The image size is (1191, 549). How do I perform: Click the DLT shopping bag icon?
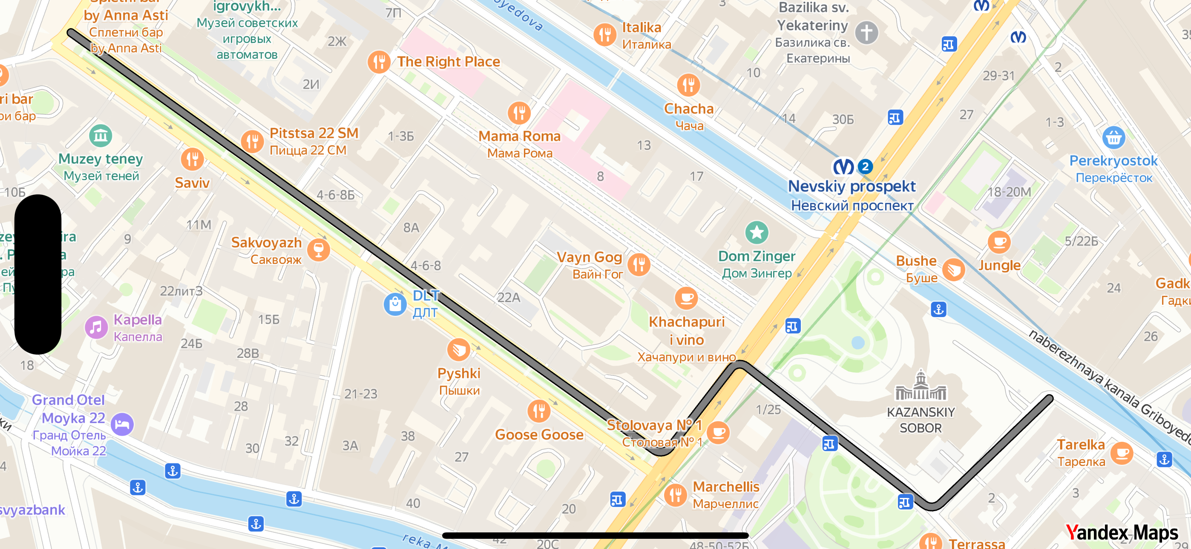coord(395,304)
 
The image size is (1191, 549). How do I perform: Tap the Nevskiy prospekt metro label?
coord(852,187)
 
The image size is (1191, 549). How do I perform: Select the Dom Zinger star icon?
coord(757,232)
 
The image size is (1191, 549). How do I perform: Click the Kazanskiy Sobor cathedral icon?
coord(921,386)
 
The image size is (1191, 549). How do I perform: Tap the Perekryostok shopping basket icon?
coord(1113,137)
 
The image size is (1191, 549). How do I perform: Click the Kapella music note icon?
coord(96,328)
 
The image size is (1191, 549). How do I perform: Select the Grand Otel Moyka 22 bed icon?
coord(123,424)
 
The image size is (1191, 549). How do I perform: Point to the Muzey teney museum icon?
coord(101,136)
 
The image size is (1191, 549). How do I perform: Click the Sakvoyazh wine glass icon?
coord(319,250)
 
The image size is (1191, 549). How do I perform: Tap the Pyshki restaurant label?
coord(459,373)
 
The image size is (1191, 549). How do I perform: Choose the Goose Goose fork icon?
coord(538,411)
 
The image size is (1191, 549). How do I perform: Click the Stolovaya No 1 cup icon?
coord(718,432)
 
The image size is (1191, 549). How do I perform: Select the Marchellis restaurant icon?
coord(676,495)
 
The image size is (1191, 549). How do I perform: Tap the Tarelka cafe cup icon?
coord(1122,453)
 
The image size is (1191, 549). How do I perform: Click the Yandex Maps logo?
coord(1122,532)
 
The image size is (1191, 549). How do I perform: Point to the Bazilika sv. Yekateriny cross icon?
coord(866,33)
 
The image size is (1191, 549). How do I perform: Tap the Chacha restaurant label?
coord(688,109)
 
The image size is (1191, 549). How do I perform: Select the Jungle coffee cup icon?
coord(998,242)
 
